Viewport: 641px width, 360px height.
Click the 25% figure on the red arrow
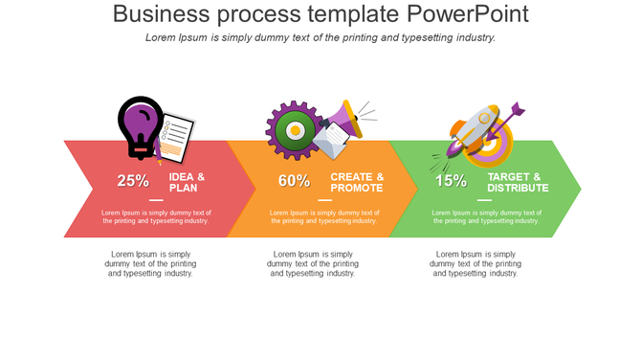(x=133, y=180)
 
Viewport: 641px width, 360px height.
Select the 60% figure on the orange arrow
(x=294, y=180)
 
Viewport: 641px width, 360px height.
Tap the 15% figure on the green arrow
(x=451, y=180)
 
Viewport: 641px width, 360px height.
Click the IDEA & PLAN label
(x=188, y=182)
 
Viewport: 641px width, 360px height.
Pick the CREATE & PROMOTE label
(x=357, y=182)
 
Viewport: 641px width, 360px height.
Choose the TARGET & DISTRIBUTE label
(x=518, y=182)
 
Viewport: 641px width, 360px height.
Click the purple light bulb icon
(x=140, y=124)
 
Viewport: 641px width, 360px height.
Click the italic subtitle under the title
(x=320, y=37)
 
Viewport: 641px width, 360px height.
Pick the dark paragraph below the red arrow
(x=150, y=263)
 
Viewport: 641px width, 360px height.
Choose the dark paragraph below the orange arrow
(x=313, y=263)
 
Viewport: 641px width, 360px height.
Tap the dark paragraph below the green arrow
(x=475, y=263)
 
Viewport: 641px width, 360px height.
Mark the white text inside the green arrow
(x=487, y=216)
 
